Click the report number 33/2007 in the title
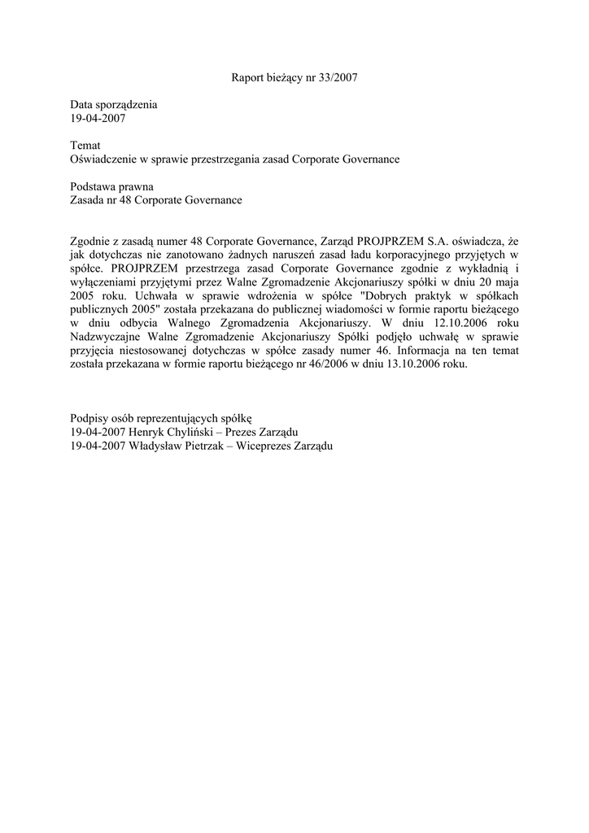[338, 79]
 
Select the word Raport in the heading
[248, 79]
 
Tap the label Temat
[85, 145]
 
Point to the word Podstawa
[94, 186]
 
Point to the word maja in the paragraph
[505, 282]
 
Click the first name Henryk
[147, 432]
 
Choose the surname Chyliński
[195, 432]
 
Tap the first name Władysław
[158, 446]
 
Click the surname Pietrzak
[214, 446]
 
